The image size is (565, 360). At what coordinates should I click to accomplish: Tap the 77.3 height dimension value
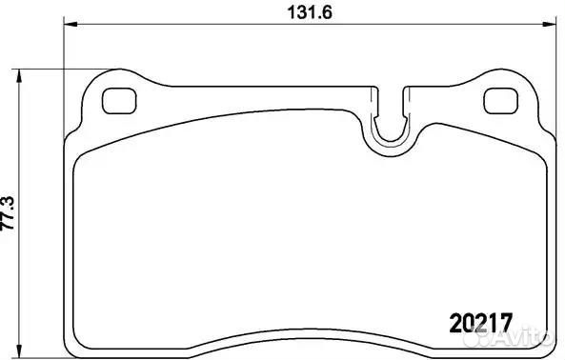[x=10, y=212]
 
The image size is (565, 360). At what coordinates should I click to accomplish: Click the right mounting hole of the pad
[x=497, y=99]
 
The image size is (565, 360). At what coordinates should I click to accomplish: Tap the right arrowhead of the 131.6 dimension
[x=542, y=25]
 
